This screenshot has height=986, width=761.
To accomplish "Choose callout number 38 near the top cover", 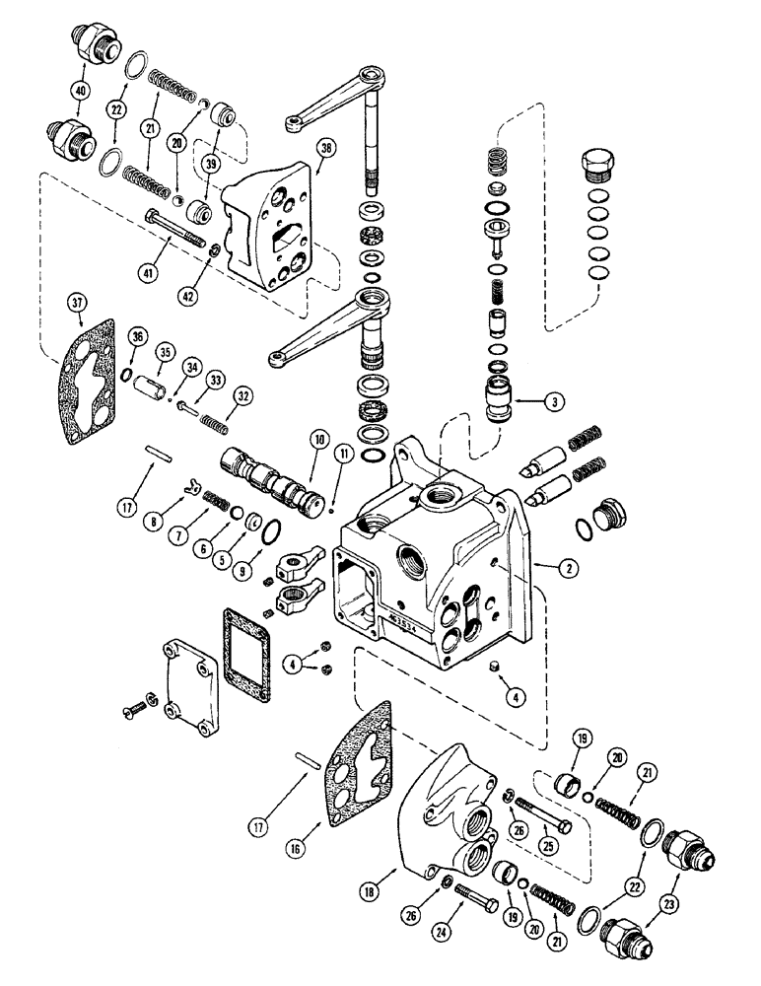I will coord(325,148).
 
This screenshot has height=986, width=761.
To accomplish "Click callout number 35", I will coord(165,352).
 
